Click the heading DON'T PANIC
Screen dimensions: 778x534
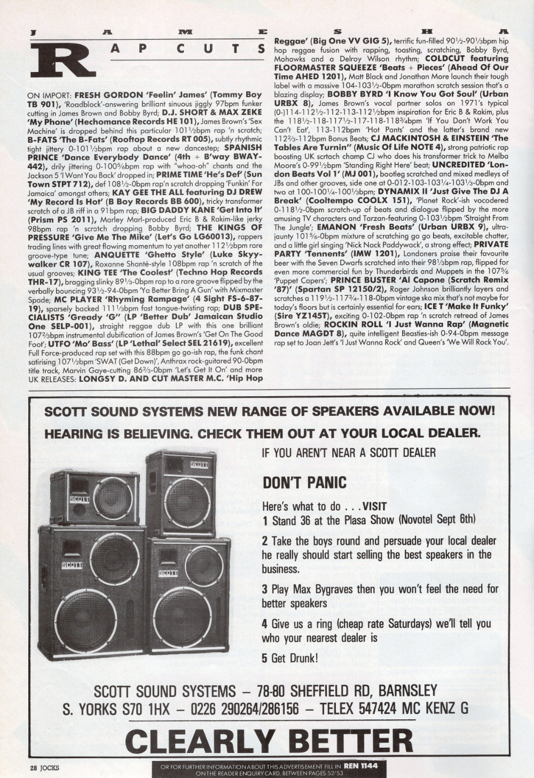pos(304,483)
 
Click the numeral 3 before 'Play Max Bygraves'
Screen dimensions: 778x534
pos(264,589)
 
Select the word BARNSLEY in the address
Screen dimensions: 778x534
pos(407,691)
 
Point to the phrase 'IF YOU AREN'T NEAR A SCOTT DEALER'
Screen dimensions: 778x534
pos(349,453)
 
